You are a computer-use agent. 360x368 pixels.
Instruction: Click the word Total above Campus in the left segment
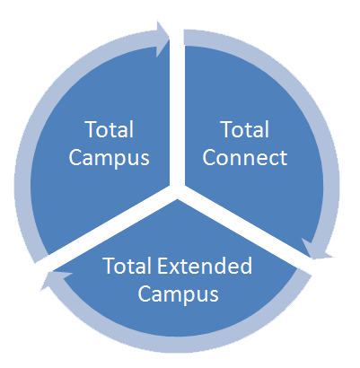pyautogui.click(x=110, y=129)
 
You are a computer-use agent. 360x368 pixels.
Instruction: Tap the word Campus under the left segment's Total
pyautogui.click(x=110, y=158)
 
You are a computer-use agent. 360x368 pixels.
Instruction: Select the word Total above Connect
pyautogui.click(x=245, y=129)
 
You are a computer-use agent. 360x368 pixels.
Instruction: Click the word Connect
pyautogui.click(x=245, y=157)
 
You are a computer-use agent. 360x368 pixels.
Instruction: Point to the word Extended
pyautogui.click(x=205, y=266)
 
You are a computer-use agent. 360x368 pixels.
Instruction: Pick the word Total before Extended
pyautogui.click(x=127, y=266)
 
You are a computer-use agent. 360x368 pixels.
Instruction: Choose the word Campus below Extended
pyautogui.click(x=179, y=294)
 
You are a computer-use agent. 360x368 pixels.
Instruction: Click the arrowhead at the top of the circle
pyautogui.click(x=163, y=39)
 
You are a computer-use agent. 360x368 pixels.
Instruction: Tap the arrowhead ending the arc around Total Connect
pyautogui.click(x=317, y=250)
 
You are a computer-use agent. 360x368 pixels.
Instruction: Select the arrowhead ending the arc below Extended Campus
pyautogui.click(x=56, y=280)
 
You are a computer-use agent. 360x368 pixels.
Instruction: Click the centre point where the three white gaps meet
pyautogui.click(x=177, y=191)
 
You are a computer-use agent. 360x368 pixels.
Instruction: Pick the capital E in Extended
pyautogui.click(x=162, y=266)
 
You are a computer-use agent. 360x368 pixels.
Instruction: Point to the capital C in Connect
pyautogui.click(x=211, y=157)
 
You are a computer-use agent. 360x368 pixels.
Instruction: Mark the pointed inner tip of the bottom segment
pyautogui.click(x=178, y=199)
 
